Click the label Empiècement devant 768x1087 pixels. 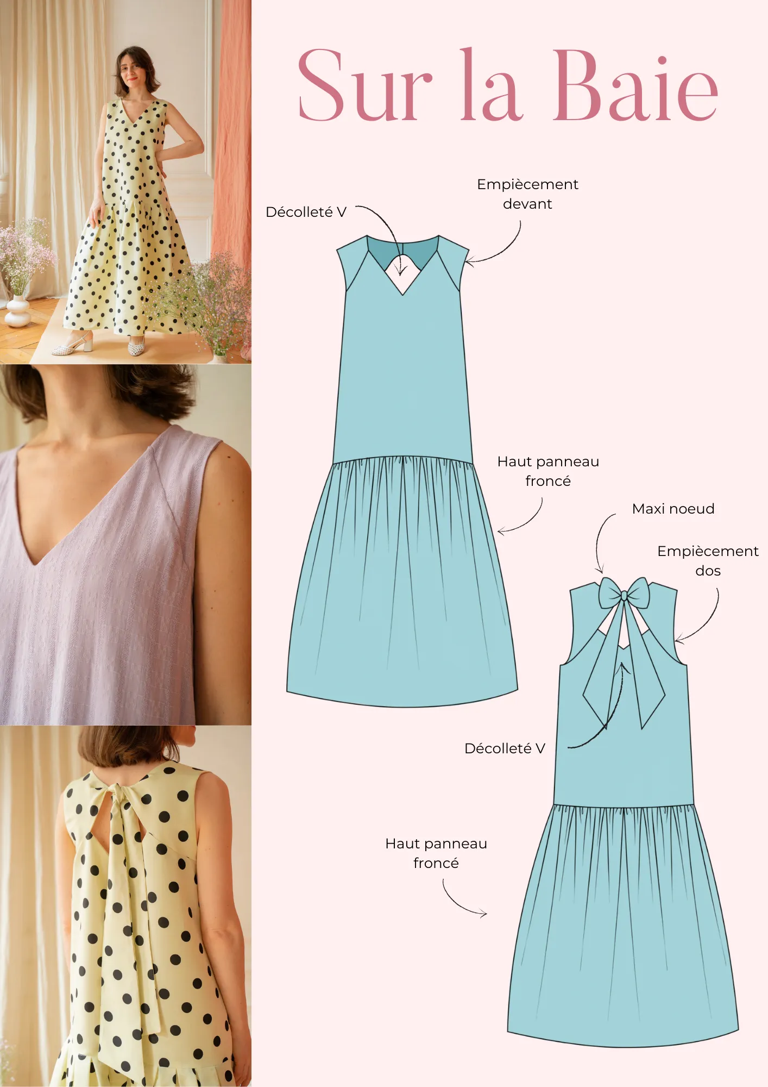[x=527, y=194]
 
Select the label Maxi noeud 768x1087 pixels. [x=673, y=509]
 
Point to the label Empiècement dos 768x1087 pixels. [x=708, y=561]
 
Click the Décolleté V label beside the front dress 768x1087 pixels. [x=306, y=212]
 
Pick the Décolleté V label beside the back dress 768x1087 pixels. [x=505, y=748]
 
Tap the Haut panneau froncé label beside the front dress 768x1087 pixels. [x=548, y=471]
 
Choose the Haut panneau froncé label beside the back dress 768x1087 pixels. [x=436, y=853]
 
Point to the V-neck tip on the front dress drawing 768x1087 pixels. [x=402, y=294]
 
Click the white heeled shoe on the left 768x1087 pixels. [x=73, y=347]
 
